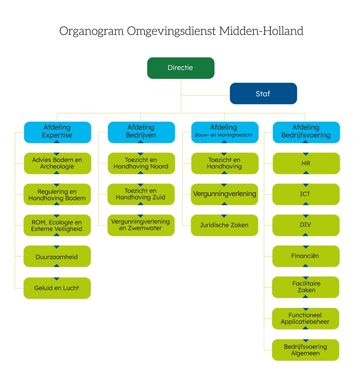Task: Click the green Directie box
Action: (x=181, y=68)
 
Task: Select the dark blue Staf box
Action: (x=263, y=93)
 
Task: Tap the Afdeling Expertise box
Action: (x=58, y=132)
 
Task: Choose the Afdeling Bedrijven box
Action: (x=141, y=132)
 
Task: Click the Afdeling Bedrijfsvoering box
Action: (x=306, y=132)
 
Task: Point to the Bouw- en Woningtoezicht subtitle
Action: (x=224, y=135)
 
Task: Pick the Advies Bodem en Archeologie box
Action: (x=58, y=163)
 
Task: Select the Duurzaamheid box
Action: (x=57, y=256)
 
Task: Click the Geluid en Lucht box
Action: (x=57, y=288)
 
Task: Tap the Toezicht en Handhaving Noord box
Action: (x=141, y=163)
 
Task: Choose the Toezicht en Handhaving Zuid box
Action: (x=141, y=194)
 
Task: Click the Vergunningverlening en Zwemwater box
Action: (x=141, y=225)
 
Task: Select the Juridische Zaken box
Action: (x=225, y=225)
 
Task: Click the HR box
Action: (x=306, y=163)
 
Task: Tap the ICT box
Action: (x=306, y=194)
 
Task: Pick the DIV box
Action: (x=306, y=225)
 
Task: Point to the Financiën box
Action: (x=306, y=256)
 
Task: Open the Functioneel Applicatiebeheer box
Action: (x=306, y=319)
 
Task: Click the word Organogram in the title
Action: (x=91, y=31)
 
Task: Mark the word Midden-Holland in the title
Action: (x=261, y=31)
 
